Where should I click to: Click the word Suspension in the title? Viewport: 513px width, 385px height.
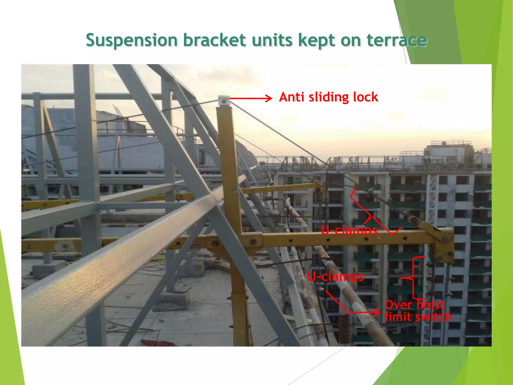point(132,40)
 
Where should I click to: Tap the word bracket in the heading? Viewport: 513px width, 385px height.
point(214,40)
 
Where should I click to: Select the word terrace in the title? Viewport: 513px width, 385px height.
point(397,40)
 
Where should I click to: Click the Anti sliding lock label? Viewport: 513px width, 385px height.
point(328,97)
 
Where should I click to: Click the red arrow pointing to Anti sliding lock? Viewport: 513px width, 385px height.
point(250,98)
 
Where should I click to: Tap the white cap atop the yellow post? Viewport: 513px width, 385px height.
point(224,101)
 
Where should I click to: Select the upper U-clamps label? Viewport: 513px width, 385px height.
point(349,230)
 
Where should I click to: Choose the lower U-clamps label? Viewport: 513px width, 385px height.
point(335,276)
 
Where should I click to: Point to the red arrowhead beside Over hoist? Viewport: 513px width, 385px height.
point(377,312)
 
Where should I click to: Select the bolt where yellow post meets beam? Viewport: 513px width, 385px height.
point(252,242)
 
